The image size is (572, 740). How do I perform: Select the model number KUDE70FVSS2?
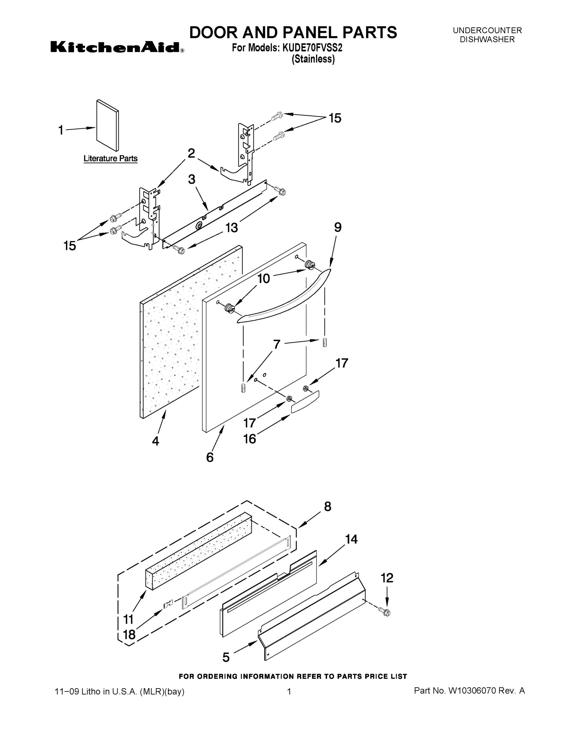(310, 48)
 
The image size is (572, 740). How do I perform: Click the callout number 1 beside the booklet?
(61, 130)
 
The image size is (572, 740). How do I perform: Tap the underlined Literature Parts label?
(110, 158)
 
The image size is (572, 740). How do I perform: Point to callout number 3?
(192, 179)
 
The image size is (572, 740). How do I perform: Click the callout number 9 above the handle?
(338, 227)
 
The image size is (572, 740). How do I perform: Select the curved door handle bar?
(285, 298)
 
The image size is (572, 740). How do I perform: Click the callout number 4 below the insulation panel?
(155, 441)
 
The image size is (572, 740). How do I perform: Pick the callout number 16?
(250, 439)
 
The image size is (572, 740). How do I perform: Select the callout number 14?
(352, 539)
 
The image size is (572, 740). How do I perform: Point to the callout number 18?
(129, 634)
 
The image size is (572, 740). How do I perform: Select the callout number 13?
(232, 228)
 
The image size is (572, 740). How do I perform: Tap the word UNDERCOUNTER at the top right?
(487, 31)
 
